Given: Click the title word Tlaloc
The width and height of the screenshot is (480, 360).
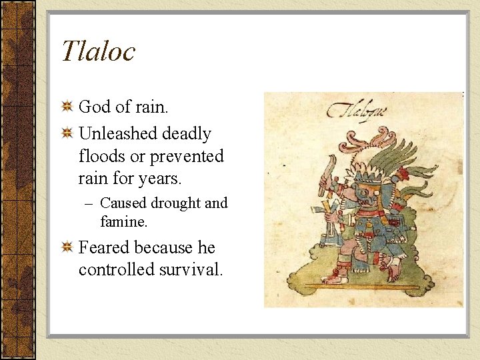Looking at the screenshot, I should click(x=98, y=51).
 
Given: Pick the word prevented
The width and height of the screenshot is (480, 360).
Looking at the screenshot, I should click(x=187, y=157).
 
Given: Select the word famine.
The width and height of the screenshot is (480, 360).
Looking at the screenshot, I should click(x=124, y=219).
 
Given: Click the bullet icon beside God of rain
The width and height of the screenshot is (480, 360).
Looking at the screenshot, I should click(x=67, y=107).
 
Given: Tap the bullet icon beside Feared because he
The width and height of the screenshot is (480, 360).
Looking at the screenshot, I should click(x=67, y=248).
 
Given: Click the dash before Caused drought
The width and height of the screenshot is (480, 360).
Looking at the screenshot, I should click(x=90, y=203).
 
